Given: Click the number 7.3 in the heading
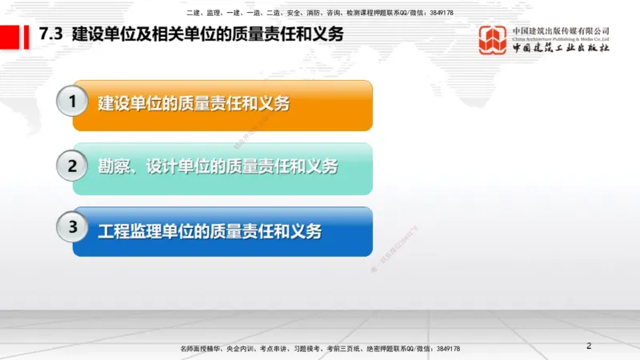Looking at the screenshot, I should [x=52, y=35].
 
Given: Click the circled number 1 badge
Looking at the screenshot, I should [x=73, y=102].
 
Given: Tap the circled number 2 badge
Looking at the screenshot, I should [x=73, y=166].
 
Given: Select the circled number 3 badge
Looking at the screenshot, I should [x=73, y=227].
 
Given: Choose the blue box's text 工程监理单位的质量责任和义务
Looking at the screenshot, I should [x=210, y=231].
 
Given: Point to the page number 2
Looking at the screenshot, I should [x=589, y=346].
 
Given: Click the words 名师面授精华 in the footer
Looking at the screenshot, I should [x=200, y=350].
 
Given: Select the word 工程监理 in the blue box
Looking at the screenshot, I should [x=126, y=231].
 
